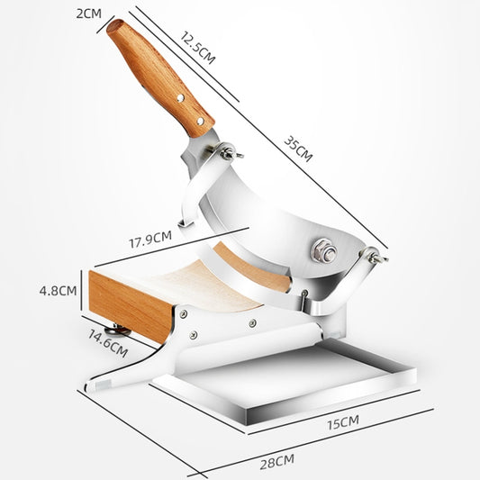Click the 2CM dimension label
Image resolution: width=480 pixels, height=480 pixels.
pyautogui.click(x=87, y=14)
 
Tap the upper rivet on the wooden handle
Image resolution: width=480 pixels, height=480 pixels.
pyautogui.click(x=179, y=94)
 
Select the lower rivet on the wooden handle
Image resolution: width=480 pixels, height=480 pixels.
pyautogui.click(x=192, y=116)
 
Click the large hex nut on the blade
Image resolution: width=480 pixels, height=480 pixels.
pyautogui.click(x=322, y=251)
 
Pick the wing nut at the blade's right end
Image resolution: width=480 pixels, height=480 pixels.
pyautogui.click(x=376, y=257)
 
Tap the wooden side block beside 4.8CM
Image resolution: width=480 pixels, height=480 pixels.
pyautogui.click(x=131, y=303)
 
